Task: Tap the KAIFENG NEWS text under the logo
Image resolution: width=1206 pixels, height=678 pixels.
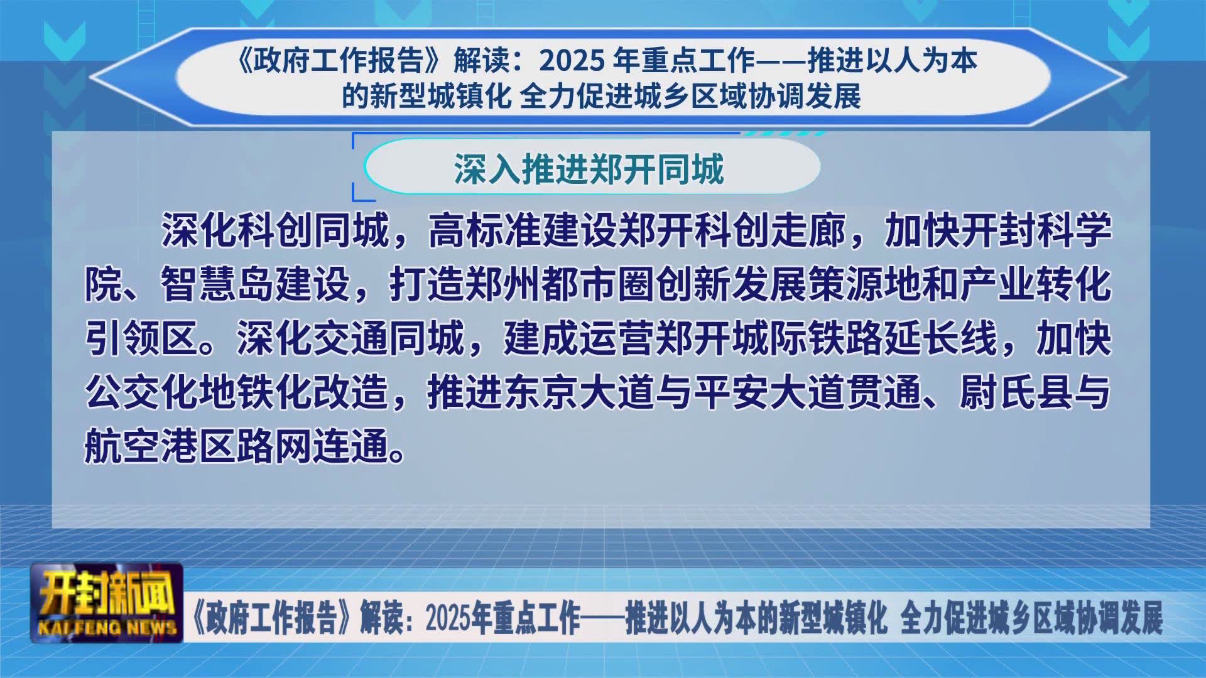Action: pos(107,628)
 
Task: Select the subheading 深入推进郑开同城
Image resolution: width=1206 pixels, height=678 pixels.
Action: pos(589,168)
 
